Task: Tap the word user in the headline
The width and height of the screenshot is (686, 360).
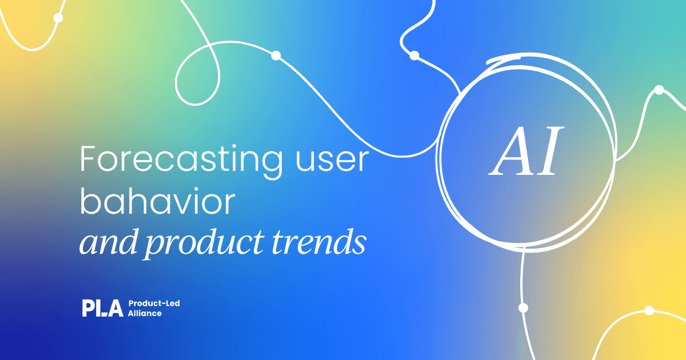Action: (x=332, y=160)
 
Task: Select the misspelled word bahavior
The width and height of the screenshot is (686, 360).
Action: (x=157, y=201)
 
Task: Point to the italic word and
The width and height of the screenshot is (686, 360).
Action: (x=108, y=242)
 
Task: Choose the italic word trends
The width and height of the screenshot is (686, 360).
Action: (x=319, y=242)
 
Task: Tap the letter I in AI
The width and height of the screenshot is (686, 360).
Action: (x=549, y=151)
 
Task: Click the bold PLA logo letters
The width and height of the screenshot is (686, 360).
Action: (x=102, y=308)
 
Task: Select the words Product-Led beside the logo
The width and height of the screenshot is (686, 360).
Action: (x=154, y=303)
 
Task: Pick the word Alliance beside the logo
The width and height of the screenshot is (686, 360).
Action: (x=145, y=313)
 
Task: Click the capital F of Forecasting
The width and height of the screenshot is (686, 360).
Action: (x=88, y=159)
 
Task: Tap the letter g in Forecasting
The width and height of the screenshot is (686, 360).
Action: (x=272, y=165)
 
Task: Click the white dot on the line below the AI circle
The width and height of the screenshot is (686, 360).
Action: (x=523, y=307)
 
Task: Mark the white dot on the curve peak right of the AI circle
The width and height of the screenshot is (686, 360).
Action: (x=659, y=90)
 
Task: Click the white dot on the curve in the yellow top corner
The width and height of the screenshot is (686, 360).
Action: (x=58, y=18)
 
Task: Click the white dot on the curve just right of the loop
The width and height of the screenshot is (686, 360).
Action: (x=276, y=56)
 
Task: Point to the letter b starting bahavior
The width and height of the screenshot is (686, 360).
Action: (x=90, y=201)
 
